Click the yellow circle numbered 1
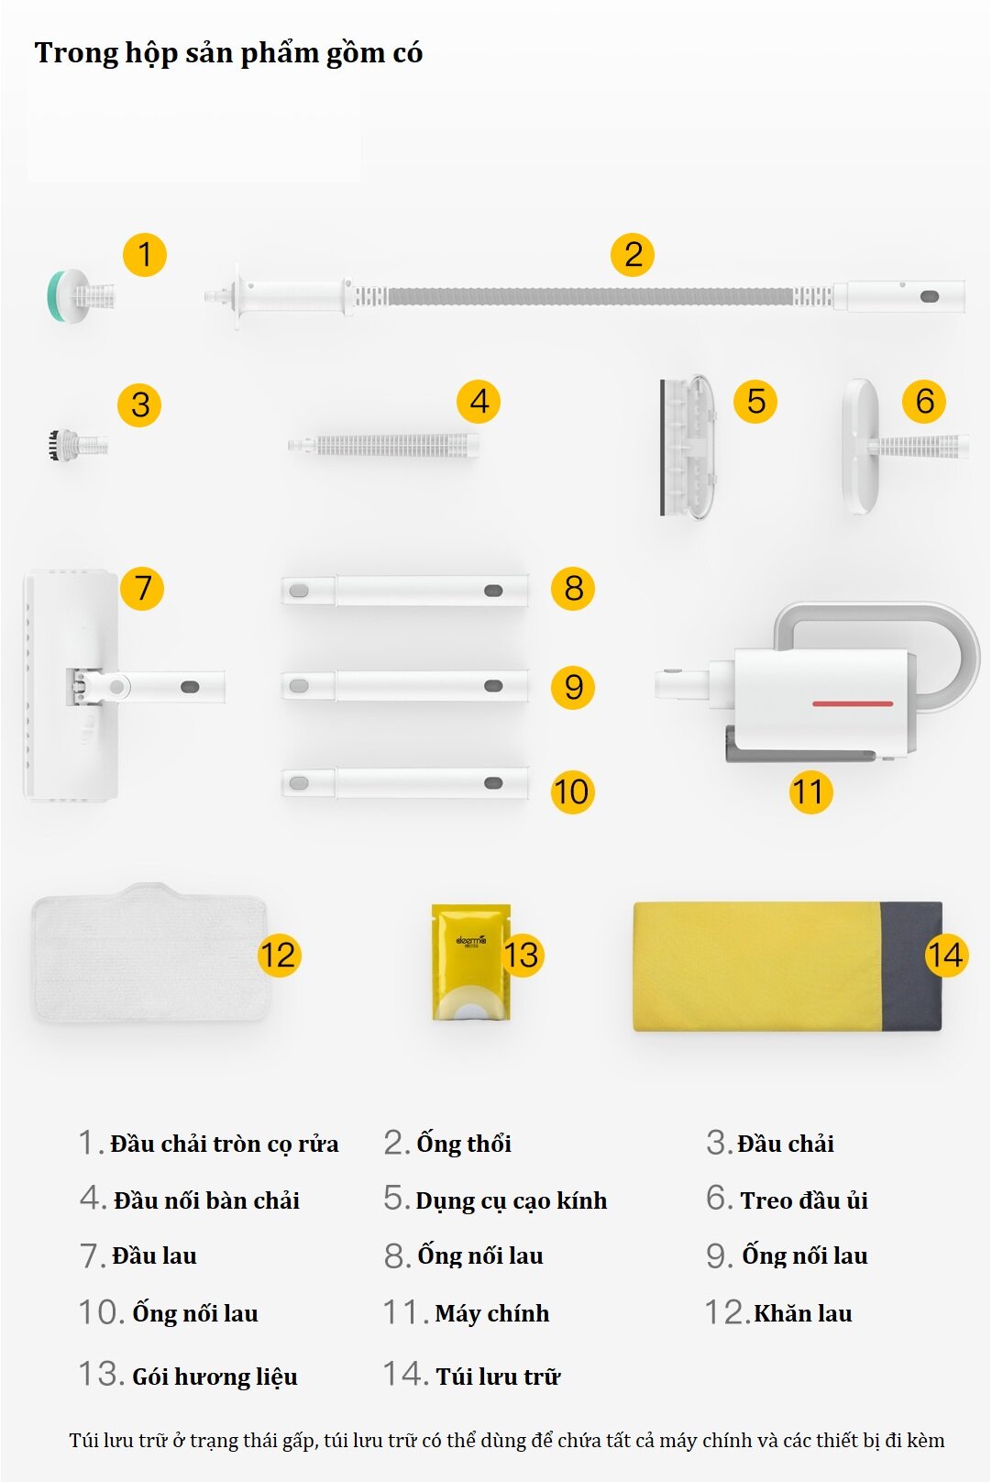pos(145,255)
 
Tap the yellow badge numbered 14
pos(946,955)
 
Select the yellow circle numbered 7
pos(142,588)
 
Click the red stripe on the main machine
pos(853,703)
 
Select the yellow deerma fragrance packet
pos(471,962)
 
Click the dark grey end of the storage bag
pos(911,966)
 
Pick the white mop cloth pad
pos(150,952)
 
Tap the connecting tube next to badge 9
pos(404,686)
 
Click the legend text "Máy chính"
pos(492,1313)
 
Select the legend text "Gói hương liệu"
pos(215,1377)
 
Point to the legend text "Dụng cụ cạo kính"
pos(512,1200)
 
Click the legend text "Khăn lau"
pos(803,1313)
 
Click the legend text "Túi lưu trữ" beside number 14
pos(498,1377)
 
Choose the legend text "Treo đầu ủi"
pos(804,1200)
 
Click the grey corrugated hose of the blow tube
pos(590,295)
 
